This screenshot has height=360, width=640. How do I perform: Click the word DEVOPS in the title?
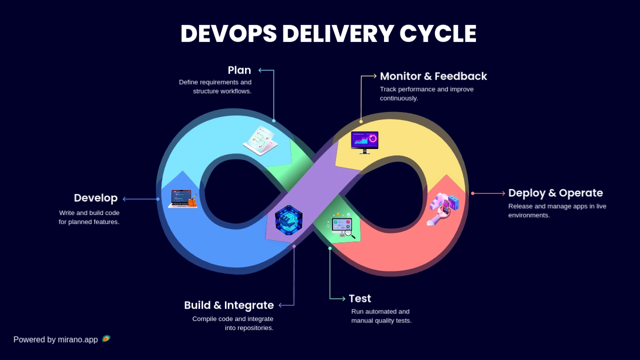[228, 33]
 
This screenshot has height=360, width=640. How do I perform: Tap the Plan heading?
[239, 70]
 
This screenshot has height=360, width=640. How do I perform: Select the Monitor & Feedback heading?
[433, 76]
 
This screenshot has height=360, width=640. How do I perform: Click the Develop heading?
[95, 198]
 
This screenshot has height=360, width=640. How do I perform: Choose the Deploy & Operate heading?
[555, 193]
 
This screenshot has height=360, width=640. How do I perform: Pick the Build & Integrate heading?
[229, 305]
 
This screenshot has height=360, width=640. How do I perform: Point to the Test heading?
[360, 298]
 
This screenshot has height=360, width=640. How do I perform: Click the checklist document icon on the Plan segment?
[260, 140]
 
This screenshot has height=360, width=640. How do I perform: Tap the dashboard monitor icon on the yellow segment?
[364, 142]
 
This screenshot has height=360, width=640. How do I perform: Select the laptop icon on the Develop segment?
[183, 199]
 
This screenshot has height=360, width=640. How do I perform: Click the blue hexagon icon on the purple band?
[288, 220]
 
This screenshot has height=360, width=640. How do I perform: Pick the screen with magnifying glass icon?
[342, 225]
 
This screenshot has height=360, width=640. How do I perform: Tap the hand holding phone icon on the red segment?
[443, 209]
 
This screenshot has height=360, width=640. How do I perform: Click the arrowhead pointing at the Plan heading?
[260, 70]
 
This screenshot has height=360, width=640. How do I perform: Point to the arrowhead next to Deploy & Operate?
[503, 193]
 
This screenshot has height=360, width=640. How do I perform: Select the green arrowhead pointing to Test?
[343, 299]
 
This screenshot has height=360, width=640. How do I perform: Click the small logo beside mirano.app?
[106, 338]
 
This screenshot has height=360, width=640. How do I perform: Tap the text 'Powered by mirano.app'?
[55, 339]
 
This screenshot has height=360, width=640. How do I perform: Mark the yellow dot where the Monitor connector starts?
[361, 121]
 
